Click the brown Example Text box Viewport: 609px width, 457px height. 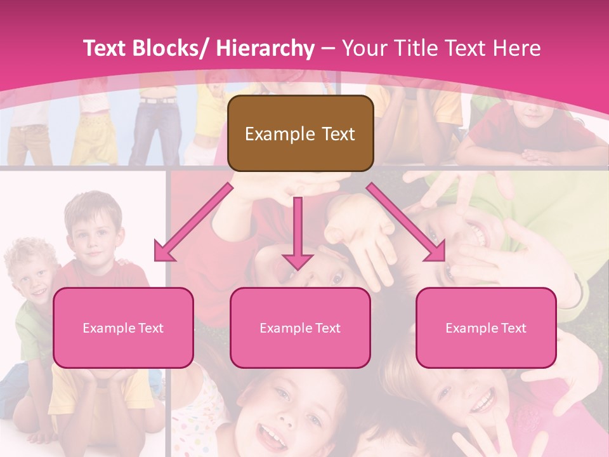coord(300,133)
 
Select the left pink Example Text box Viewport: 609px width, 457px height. coord(123,328)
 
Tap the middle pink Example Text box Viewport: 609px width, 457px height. coord(300,328)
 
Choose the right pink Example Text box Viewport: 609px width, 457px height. coord(486,328)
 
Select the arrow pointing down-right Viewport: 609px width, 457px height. coord(407,222)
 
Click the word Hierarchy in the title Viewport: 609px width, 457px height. coord(265,48)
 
